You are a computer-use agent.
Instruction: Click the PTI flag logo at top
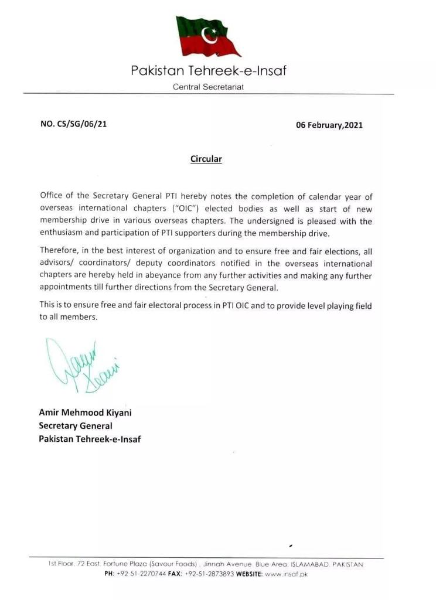pos(208,36)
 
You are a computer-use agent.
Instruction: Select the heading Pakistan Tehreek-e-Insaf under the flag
pos(209,72)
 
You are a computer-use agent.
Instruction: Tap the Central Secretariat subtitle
pos(208,87)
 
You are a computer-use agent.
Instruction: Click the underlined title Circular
pos(206,159)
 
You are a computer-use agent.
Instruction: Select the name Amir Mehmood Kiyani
pos(85,412)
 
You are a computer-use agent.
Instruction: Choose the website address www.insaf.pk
pos(287,574)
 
